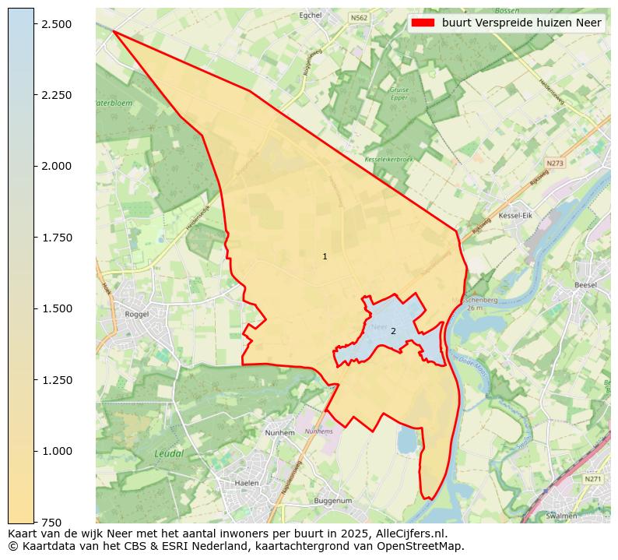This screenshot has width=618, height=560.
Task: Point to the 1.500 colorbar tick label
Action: tap(57, 308)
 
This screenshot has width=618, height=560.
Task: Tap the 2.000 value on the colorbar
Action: tap(57, 166)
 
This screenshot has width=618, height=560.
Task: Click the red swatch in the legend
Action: tap(423, 23)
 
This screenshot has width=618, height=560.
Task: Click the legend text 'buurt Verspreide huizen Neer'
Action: tap(521, 23)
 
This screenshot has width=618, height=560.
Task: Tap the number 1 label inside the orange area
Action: tap(325, 256)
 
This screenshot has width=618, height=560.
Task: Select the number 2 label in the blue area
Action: tap(393, 331)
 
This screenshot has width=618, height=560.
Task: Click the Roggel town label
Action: tap(136, 315)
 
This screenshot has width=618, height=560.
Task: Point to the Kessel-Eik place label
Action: tap(514, 215)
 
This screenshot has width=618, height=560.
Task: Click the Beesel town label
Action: tap(585, 285)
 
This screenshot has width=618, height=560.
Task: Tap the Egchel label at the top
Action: tap(311, 15)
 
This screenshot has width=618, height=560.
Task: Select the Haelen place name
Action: tap(246, 483)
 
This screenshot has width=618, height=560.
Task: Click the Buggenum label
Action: tap(333, 501)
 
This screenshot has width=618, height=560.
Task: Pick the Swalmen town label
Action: tap(562, 516)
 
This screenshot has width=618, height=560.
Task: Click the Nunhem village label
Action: tap(279, 432)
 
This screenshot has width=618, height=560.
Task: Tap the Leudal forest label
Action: tap(168, 453)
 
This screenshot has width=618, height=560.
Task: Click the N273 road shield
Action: tap(554, 164)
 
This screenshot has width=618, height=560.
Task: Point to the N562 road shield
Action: tap(359, 17)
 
